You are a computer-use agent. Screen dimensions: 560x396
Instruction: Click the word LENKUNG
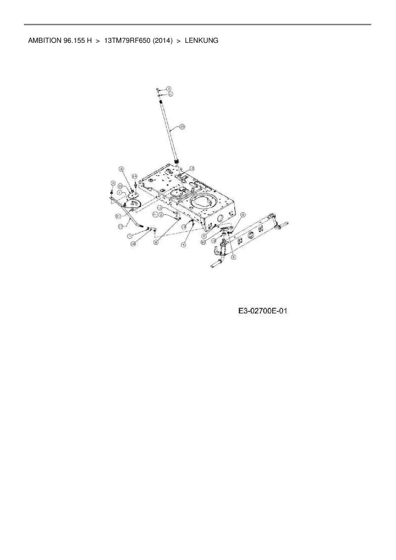point(202,41)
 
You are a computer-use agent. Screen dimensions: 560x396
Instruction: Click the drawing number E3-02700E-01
point(263,311)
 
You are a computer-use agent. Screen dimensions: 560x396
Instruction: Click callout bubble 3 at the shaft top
point(169,88)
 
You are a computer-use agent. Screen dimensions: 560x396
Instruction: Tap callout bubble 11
point(170,94)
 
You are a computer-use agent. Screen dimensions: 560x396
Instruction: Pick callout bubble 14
point(134,176)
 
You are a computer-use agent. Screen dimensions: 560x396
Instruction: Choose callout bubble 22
point(120,186)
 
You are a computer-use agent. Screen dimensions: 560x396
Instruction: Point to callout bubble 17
point(120,226)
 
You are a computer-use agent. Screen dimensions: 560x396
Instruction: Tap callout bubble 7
point(130,236)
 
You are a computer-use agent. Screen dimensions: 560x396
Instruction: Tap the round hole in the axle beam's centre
point(251,235)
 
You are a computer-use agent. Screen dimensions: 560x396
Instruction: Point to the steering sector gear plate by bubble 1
point(133,203)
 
